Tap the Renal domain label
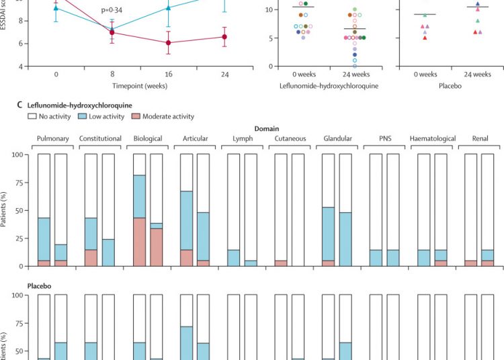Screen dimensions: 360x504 pos(478,139)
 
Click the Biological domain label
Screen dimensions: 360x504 pos(148,139)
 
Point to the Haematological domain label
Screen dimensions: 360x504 pos(433,139)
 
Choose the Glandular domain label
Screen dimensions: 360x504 pos(338,139)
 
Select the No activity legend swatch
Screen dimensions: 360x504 pos(32,116)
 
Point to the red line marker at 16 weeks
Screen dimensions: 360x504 pos(168,43)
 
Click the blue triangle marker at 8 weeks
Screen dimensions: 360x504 pos(112,29)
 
